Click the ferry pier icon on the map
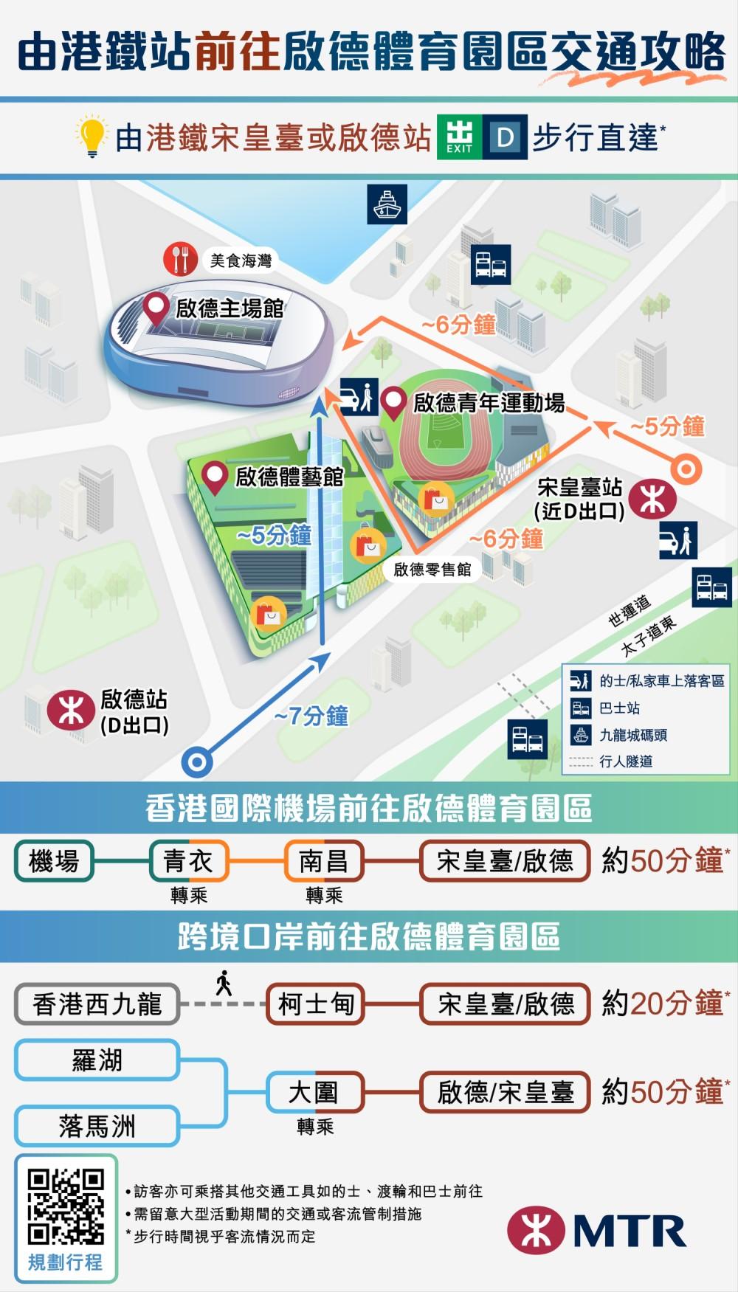tap(387, 204)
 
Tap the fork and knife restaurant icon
tap(179, 260)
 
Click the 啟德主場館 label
tap(229, 308)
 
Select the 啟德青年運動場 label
tap(488, 403)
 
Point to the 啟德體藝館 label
tap(289, 477)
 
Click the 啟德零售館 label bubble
tap(432, 569)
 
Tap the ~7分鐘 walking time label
tap(311, 716)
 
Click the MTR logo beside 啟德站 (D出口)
tap(70, 711)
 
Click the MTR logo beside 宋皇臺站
tap(653, 499)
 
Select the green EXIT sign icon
tap(459, 137)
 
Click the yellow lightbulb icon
tap(92, 136)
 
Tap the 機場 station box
tap(54, 860)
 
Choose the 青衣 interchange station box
tap(188, 860)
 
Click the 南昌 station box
tap(324, 860)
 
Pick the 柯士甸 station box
tap(316, 1003)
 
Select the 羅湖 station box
tap(97, 1060)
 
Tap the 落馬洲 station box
tap(97, 1126)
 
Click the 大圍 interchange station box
tap(315, 1092)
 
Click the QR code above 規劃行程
tap(66, 1206)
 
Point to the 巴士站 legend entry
tap(618, 708)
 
